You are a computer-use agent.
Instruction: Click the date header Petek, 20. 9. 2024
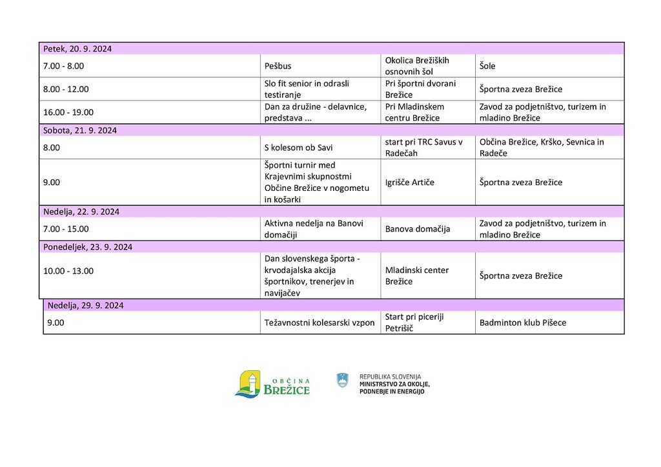click(77, 49)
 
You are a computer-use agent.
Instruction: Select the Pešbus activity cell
click(278, 66)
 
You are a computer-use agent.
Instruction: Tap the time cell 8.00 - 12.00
click(66, 89)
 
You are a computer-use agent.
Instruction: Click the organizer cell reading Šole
click(487, 66)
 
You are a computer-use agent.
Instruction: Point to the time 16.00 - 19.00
click(68, 112)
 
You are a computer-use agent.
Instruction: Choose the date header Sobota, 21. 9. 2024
click(80, 130)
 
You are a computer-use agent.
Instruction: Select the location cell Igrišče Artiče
click(410, 183)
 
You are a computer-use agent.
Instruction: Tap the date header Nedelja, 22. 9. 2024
click(81, 212)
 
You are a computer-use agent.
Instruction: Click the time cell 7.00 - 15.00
click(66, 229)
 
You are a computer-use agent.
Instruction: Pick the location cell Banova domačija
click(418, 229)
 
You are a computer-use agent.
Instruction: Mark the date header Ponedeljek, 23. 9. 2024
click(88, 247)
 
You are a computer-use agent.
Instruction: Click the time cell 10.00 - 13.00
click(68, 271)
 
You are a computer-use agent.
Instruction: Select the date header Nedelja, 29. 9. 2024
click(86, 305)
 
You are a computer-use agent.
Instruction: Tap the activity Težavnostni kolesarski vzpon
click(320, 323)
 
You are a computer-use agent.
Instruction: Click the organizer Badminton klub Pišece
click(523, 323)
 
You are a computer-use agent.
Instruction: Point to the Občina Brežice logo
click(272, 384)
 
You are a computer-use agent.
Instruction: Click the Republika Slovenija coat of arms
click(342, 381)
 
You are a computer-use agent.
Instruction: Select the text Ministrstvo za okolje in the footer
click(394, 384)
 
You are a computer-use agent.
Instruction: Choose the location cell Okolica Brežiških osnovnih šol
click(417, 66)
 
